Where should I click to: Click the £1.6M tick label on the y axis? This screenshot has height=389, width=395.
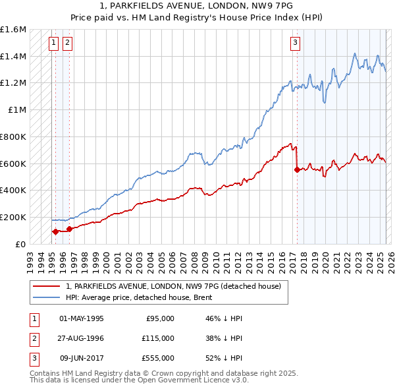point(13,30)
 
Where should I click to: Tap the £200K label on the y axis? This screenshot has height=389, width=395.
point(13,217)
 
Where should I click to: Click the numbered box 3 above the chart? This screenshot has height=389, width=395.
point(296,44)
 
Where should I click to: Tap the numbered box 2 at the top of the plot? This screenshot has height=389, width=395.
point(68,44)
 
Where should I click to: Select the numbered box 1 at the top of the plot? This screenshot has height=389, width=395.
point(54,44)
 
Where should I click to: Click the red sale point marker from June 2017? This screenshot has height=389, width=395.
point(297,169)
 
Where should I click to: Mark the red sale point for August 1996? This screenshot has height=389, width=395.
point(70,229)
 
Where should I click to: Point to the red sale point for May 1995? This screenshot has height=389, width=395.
point(55,231)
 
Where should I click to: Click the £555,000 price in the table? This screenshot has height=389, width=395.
point(159,358)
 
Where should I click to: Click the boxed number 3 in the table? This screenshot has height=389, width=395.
point(34,358)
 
